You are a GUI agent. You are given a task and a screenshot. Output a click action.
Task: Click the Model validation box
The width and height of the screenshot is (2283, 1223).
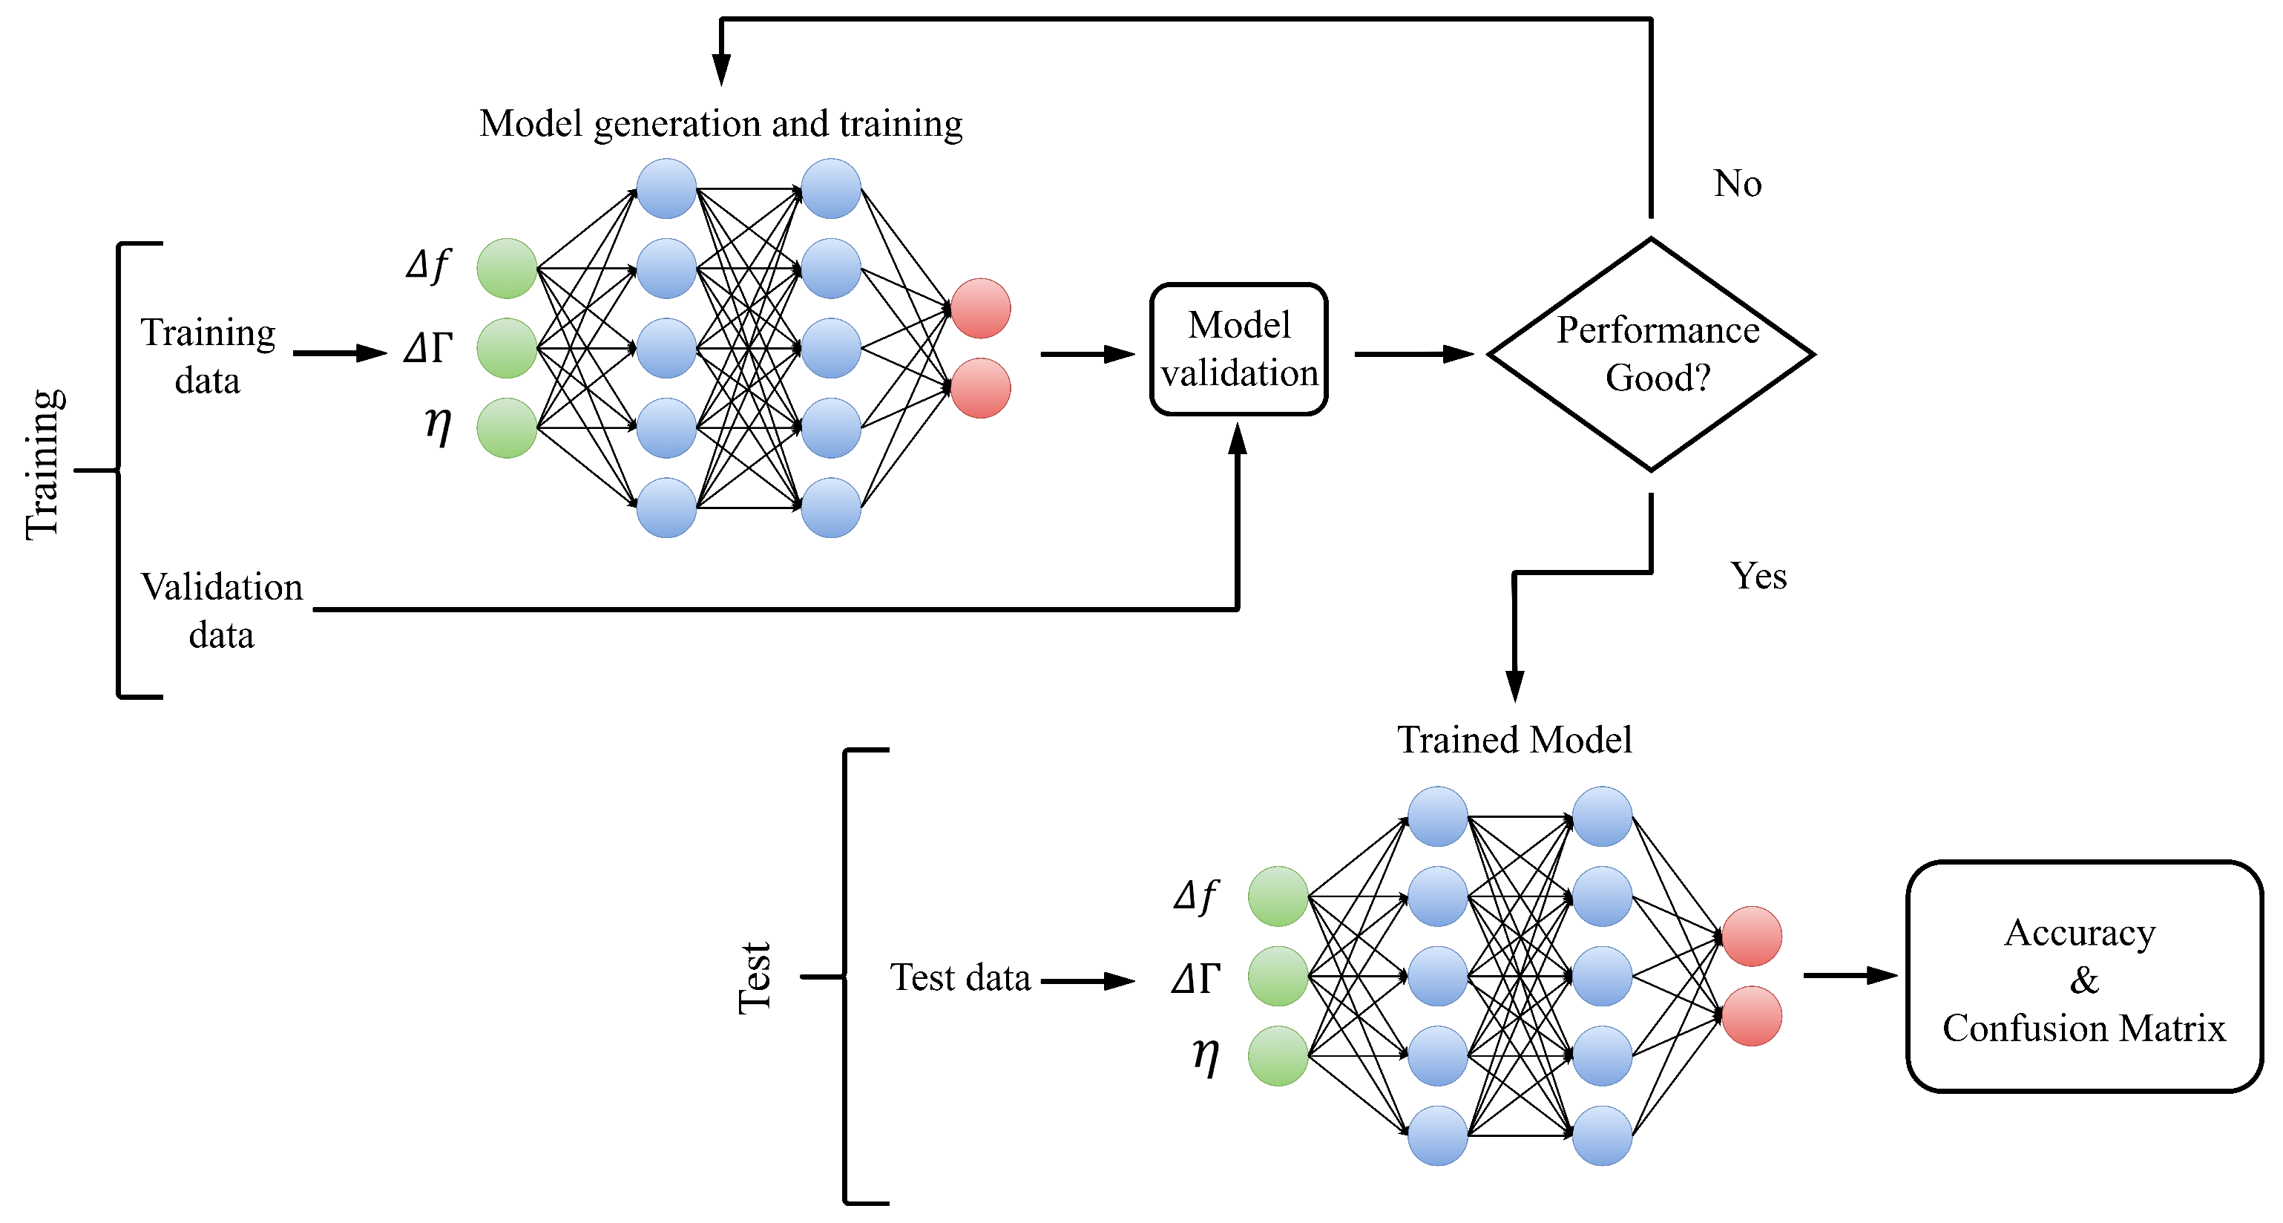tap(1238, 350)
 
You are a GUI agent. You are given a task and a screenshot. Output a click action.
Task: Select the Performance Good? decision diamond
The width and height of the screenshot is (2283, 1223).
tap(1651, 353)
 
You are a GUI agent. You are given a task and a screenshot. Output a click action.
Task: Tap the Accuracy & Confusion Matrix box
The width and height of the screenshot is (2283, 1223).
tap(2083, 977)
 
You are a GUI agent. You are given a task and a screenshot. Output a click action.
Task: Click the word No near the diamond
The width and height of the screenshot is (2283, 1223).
tap(1737, 184)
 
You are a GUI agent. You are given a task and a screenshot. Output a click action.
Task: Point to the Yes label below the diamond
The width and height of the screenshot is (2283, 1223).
tap(1758, 576)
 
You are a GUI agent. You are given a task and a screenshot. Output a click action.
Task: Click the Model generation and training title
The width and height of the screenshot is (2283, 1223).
tap(720, 124)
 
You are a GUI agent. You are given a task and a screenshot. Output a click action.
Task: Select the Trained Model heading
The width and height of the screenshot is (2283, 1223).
tap(1514, 740)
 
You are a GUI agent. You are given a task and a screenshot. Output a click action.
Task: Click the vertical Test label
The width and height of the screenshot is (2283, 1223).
tap(756, 977)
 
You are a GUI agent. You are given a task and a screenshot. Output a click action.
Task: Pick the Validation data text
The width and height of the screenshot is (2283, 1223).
tap(222, 611)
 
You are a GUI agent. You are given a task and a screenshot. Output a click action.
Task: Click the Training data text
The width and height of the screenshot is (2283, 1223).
tap(208, 356)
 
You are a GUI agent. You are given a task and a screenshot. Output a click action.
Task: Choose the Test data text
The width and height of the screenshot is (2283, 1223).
tap(960, 978)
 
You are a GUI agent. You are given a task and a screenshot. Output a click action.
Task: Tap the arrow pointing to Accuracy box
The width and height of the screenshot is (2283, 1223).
tap(1850, 976)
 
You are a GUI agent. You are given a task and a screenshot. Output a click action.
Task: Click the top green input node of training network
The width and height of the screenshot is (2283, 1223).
tap(507, 269)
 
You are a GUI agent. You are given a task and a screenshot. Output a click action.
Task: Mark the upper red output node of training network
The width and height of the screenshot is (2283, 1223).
tap(980, 309)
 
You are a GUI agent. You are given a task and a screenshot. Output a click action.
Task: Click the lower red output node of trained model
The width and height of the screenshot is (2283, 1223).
tap(1751, 1017)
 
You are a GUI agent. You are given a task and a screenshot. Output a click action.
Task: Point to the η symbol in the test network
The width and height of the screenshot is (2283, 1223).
tap(1206, 1055)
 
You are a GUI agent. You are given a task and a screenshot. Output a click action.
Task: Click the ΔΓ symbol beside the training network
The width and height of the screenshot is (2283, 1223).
tap(428, 348)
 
